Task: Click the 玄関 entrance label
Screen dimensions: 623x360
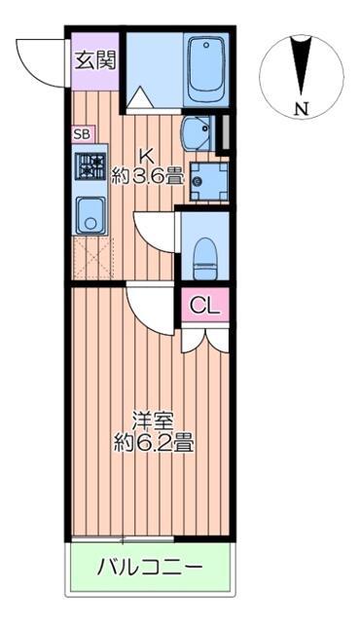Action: (94, 59)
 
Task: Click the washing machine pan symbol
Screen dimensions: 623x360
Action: (207, 177)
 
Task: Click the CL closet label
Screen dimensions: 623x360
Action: (205, 305)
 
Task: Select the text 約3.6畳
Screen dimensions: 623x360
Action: (148, 177)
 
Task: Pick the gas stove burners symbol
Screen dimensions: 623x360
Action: (90, 166)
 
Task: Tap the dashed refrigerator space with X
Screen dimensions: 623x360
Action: (91, 258)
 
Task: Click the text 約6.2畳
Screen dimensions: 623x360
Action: (152, 445)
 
